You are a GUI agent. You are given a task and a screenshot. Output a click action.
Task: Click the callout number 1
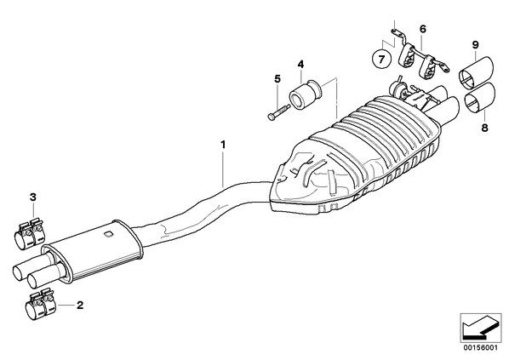tap(223, 144)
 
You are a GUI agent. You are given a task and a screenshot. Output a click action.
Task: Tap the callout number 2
tap(80, 306)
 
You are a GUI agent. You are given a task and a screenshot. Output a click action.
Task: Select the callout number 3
tap(33, 197)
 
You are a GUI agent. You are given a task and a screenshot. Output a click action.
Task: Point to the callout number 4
tap(301, 64)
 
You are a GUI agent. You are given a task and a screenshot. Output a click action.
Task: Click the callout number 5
tap(277, 78)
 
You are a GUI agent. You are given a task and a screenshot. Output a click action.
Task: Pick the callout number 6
tap(422, 29)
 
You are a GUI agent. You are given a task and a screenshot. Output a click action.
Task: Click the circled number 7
tap(381, 60)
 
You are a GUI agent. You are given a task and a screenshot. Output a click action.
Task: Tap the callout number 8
tap(484, 128)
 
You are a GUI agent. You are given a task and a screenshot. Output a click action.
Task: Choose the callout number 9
tap(475, 44)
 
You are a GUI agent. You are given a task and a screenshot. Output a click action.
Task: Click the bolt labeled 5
tap(278, 111)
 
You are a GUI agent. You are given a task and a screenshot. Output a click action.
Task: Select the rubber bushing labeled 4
tap(305, 93)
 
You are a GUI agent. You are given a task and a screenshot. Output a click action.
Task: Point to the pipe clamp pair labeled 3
tap(30, 233)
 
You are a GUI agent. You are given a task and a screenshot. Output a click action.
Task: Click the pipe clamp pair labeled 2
tap(40, 306)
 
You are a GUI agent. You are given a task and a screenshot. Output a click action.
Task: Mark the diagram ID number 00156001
tap(480, 348)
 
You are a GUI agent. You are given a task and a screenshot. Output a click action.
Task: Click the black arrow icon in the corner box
tap(480, 327)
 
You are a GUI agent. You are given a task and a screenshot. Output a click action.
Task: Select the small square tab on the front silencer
tap(108, 234)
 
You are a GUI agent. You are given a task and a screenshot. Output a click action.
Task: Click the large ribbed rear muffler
tap(354, 156)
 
